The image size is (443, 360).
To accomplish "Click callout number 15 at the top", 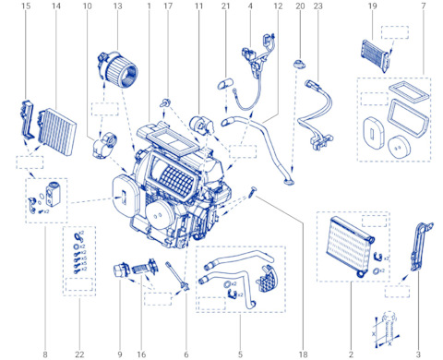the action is click(26, 6).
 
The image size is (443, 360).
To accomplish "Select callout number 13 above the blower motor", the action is click(118, 6).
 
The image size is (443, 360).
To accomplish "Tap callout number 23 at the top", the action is click(317, 6).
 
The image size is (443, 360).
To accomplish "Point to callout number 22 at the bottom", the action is click(79, 354).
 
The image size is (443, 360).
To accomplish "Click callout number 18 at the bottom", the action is click(303, 354).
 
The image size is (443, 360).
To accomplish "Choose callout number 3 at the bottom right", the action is click(418, 354).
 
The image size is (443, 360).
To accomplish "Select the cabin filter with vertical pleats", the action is click(57, 132).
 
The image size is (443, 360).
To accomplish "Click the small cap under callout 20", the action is click(299, 65).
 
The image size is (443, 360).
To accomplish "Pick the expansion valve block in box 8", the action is click(52, 193).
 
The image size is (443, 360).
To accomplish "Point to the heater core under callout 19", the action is click(376, 55).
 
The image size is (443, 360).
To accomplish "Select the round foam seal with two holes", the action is click(399, 147).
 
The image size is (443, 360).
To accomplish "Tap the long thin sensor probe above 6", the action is click(177, 275).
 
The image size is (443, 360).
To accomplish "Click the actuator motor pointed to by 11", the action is click(202, 126).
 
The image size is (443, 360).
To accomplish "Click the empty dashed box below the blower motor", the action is click(105, 109).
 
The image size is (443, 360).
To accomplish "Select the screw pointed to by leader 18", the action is click(252, 192).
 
